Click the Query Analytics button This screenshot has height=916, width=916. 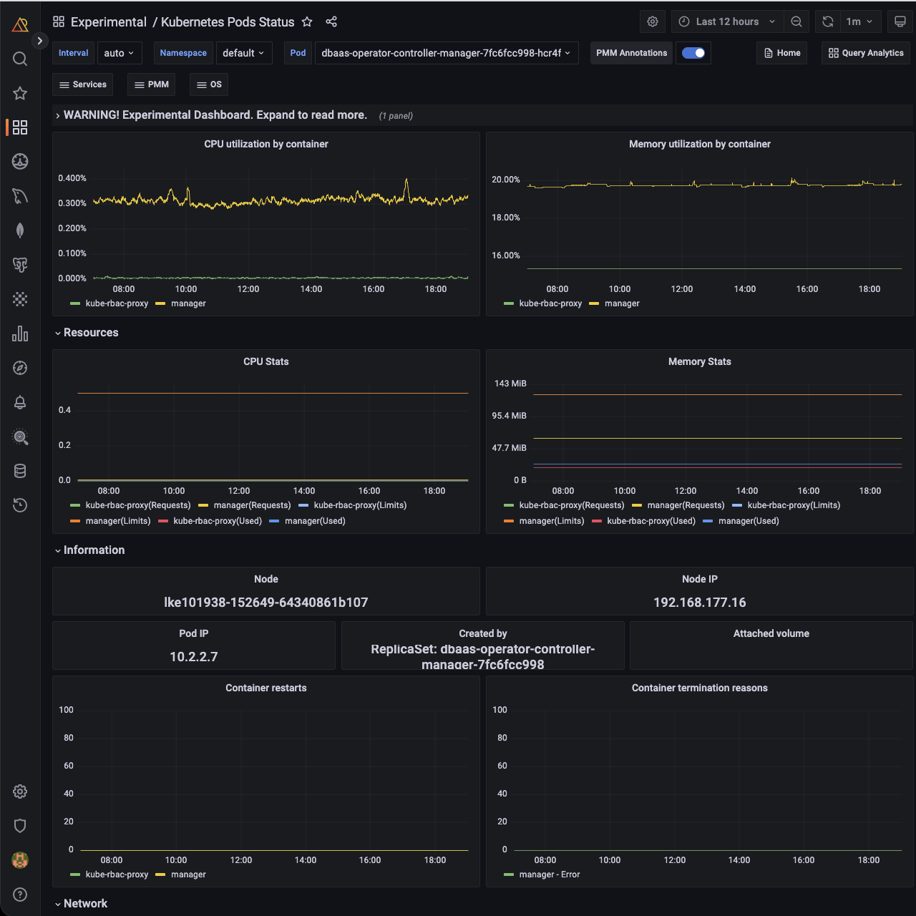(x=866, y=53)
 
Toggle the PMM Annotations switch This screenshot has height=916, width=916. (x=693, y=53)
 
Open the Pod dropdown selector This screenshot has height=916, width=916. (x=446, y=53)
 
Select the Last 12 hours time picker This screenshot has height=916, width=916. (x=726, y=21)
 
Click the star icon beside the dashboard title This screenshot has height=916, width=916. (x=307, y=21)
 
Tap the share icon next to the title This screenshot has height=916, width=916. (x=331, y=21)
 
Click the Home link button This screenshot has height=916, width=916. (x=781, y=53)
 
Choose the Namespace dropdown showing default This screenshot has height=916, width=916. (x=243, y=53)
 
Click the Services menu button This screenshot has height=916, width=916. (x=83, y=84)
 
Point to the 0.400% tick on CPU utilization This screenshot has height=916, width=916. (x=72, y=178)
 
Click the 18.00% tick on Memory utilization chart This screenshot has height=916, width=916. (x=506, y=218)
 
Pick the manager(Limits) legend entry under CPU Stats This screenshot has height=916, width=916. (x=118, y=521)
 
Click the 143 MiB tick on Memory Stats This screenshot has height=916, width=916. (x=510, y=384)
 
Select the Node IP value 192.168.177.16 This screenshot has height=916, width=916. (x=699, y=603)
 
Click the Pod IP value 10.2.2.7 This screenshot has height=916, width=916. (x=194, y=657)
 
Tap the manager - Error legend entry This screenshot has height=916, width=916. (x=549, y=874)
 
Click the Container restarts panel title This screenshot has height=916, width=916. (x=266, y=688)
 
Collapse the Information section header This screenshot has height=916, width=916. (x=94, y=550)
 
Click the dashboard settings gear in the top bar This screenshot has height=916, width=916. (x=653, y=21)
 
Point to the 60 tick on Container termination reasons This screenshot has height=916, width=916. (x=502, y=766)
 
